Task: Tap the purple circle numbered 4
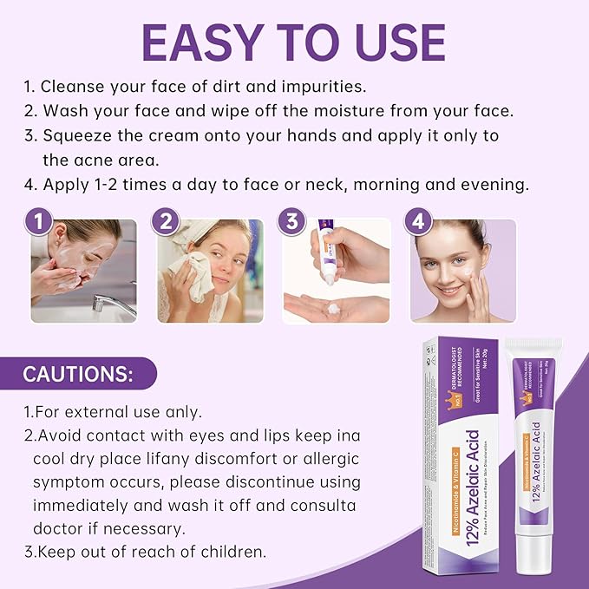point(419,221)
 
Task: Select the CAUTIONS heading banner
point(78,375)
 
